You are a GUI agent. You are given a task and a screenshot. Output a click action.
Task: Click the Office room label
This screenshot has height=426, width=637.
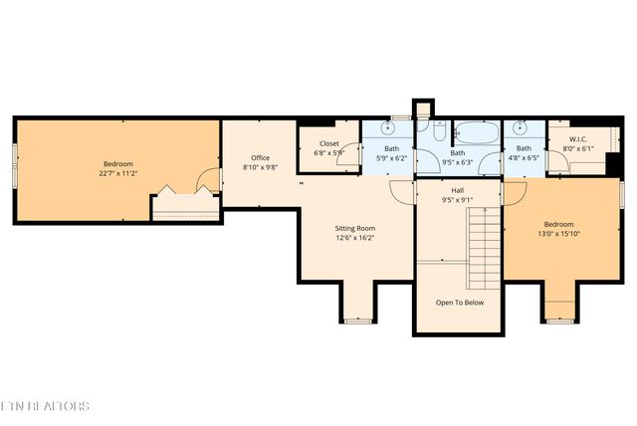[260, 157]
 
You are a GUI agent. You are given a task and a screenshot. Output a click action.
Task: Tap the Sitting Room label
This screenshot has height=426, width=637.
[354, 228]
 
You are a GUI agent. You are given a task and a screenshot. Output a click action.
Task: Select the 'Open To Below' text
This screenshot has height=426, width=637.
[460, 303]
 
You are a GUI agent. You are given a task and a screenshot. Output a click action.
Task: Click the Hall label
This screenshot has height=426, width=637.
[457, 189]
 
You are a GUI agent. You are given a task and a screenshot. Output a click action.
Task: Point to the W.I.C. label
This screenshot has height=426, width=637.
[578, 138]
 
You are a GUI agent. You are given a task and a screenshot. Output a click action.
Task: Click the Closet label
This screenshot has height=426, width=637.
[328, 143]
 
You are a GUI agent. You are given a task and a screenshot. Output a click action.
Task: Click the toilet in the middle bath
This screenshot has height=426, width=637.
[437, 130]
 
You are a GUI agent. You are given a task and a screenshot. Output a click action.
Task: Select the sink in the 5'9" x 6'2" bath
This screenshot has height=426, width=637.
[390, 128]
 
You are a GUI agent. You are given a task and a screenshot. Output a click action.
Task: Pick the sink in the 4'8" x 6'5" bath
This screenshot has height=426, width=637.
[519, 128]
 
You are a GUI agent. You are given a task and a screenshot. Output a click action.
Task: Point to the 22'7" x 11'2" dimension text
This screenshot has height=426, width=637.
[117, 173]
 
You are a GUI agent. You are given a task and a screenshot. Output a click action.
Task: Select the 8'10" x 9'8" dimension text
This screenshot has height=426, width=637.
[260, 167]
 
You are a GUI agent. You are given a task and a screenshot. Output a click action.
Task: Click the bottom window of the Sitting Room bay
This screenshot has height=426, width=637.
[356, 320]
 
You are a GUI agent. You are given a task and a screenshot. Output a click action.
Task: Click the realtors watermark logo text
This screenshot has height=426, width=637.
[45, 406]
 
